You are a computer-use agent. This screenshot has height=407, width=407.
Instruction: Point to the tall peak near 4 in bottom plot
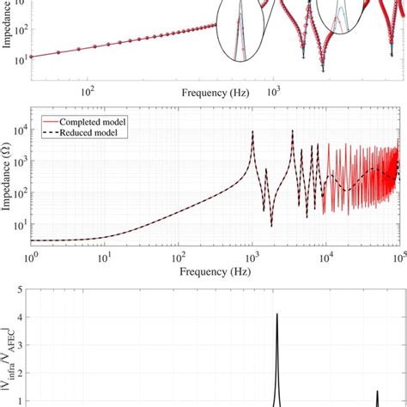point(276,316)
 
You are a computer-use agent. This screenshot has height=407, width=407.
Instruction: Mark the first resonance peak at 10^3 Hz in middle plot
point(252,131)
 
